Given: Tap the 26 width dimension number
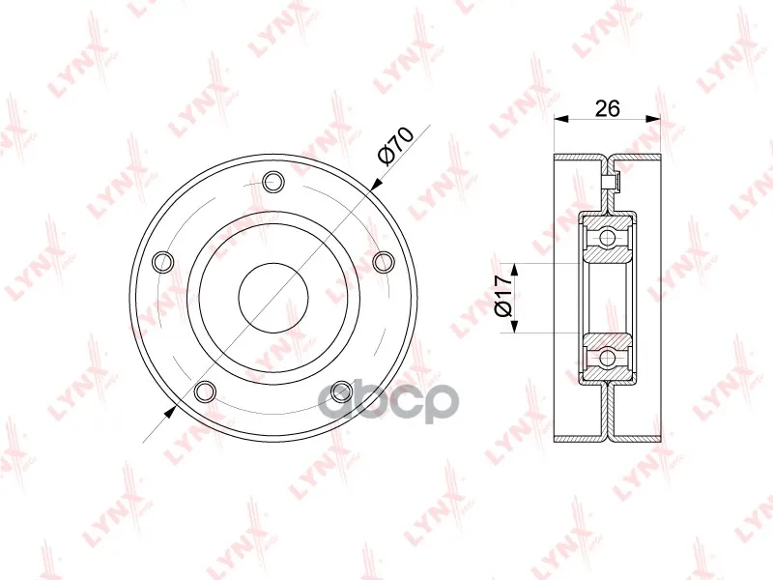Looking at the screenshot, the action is coord(607,108).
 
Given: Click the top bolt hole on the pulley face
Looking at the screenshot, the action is coord(273,182).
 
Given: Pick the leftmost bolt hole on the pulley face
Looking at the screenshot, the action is coord(164,262).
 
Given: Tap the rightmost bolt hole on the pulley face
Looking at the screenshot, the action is coord(383,262).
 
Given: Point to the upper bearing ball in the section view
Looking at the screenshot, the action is coord(608,238).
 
